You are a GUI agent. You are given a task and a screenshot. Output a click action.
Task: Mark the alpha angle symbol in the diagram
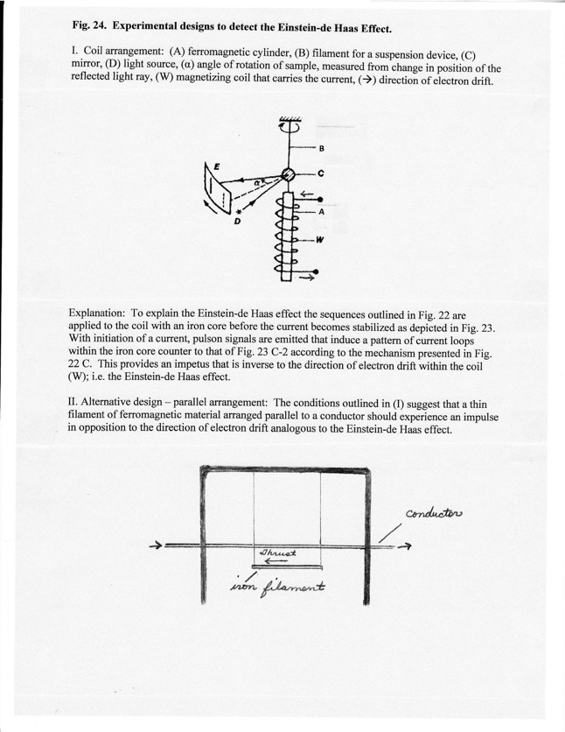point(258,183)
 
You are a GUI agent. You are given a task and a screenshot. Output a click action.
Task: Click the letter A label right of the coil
point(321,211)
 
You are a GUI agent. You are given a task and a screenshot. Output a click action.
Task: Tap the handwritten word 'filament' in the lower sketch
point(297,584)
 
